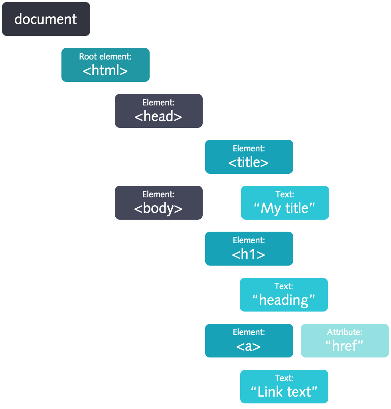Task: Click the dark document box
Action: pyautogui.click(x=46, y=19)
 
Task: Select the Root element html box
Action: pyautogui.click(x=105, y=65)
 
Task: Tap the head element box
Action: pyautogui.click(x=159, y=111)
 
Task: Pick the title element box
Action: pyautogui.click(x=249, y=157)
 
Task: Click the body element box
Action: pyautogui.click(x=159, y=203)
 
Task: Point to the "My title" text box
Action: pyautogui.click(x=285, y=203)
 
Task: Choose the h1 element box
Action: pyautogui.click(x=249, y=248)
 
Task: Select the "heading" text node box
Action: pyautogui.click(x=284, y=295)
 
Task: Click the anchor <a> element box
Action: pyautogui.click(x=249, y=341)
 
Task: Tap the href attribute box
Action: pyautogui.click(x=345, y=341)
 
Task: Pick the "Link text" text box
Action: pyautogui.click(x=284, y=387)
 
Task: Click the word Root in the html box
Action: pyautogui.click(x=88, y=57)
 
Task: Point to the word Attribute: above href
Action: pyautogui.click(x=345, y=332)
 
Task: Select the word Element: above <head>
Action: pyautogui.click(x=158, y=103)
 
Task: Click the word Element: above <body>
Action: pyautogui.click(x=158, y=195)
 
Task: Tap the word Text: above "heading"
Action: pyautogui.click(x=284, y=286)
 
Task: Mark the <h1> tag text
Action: pyautogui.click(x=249, y=254)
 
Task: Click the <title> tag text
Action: pyautogui.click(x=249, y=162)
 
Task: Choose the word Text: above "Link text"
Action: pyautogui.click(x=284, y=378)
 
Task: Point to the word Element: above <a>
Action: pyautogui.click(x=249, y=332)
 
